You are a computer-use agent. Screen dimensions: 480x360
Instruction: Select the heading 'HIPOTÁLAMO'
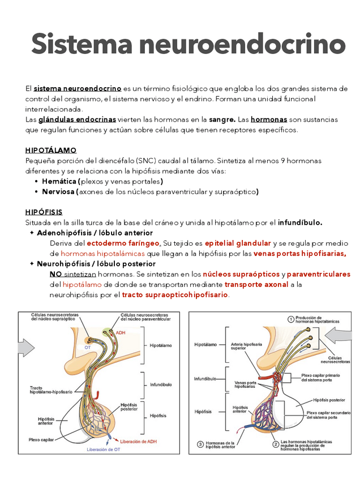50,151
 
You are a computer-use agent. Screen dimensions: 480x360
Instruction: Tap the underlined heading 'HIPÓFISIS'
44,212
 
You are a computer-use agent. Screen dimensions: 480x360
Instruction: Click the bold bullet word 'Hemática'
59,182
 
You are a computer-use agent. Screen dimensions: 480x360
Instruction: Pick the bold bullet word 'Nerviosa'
59,192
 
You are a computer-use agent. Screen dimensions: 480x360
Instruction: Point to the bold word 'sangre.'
222,120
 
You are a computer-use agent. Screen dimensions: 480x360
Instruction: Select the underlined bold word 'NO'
55,274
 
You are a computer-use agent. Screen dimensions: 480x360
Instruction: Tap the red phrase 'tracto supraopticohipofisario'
175,295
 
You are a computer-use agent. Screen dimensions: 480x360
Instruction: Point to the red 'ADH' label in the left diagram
121,333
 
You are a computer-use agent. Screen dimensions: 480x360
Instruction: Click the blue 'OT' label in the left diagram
87,348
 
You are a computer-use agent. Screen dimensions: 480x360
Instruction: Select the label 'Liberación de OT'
103,449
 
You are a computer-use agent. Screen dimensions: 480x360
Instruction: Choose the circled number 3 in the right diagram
200,444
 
